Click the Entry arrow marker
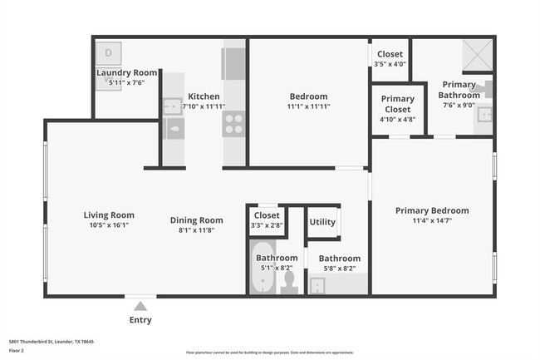tap(140, 306)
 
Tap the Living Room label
tap(109, 215)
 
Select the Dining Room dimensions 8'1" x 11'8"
tap(197, 229)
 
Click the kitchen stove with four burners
tap(233, 124)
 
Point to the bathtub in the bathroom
tap(263, 279)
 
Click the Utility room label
tap(322, 222)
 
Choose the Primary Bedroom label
tap(431, 210)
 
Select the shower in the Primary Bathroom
tap(479, 55)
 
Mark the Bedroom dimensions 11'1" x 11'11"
tap(308, 106)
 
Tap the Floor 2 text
tap(17, 351)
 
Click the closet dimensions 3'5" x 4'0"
tap(389, 63)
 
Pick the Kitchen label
tap(204, 96)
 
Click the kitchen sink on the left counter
tap(172, 106)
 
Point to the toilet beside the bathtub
tap(289, 283)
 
